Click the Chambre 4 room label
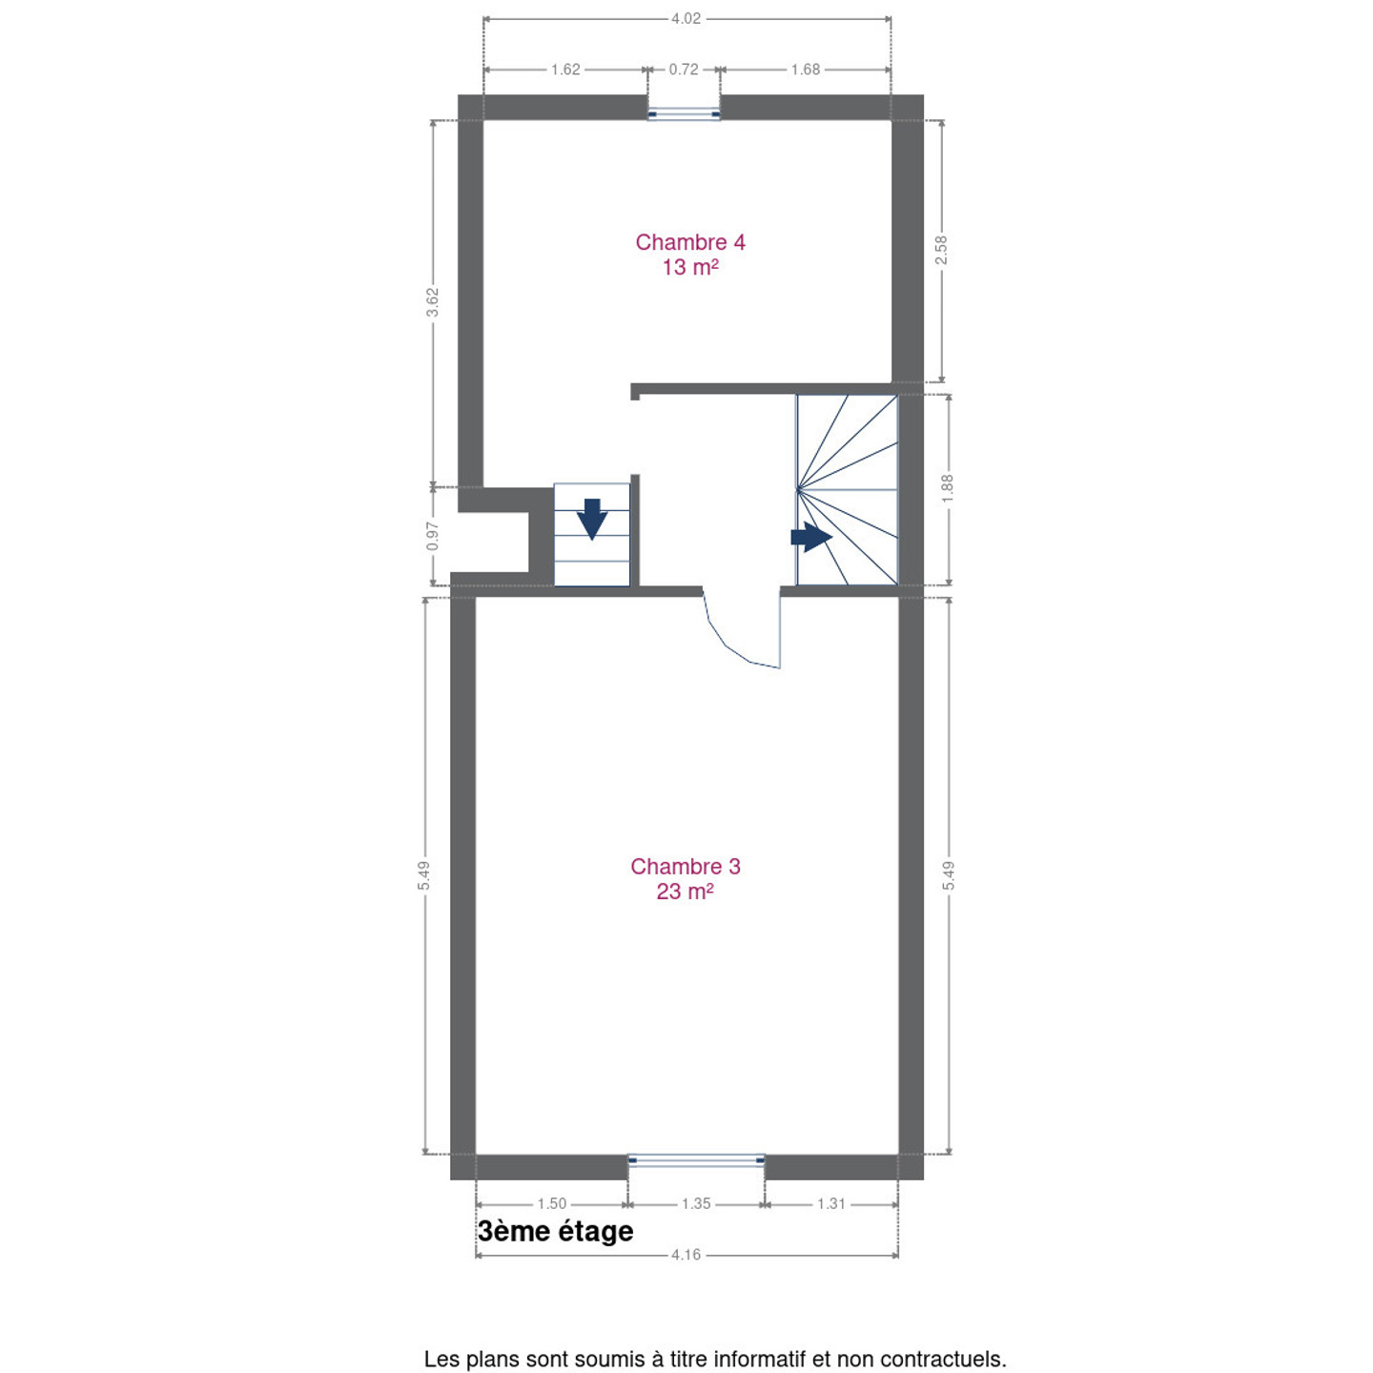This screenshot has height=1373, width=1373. (689, 242)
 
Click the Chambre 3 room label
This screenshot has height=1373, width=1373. (685, 867)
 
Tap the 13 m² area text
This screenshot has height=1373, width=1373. (689, 267)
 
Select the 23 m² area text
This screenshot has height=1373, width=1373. (685, 891)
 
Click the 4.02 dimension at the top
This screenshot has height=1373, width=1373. (686, 18)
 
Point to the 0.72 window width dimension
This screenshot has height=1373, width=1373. (684, 69)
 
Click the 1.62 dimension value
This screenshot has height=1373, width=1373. (565, 69)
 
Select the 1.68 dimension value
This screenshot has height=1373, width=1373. (806, 69)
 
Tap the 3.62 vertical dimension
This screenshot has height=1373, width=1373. (433, 302)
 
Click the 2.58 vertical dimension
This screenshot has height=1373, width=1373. (941, 250)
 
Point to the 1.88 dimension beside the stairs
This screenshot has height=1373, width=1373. (948, 489)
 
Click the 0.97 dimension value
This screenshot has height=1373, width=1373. (433, 536)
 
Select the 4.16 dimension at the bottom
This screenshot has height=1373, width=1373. (686, 1275)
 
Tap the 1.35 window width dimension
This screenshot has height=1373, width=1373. (696, 1203)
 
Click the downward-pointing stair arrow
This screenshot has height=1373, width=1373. (592, 519)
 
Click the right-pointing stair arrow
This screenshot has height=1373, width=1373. (811, 537)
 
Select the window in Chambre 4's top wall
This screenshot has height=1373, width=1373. (684, 113)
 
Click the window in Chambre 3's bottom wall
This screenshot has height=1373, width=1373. (696, 1160)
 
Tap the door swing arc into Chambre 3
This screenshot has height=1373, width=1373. (726, 645)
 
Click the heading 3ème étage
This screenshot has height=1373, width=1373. (556, 1231)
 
